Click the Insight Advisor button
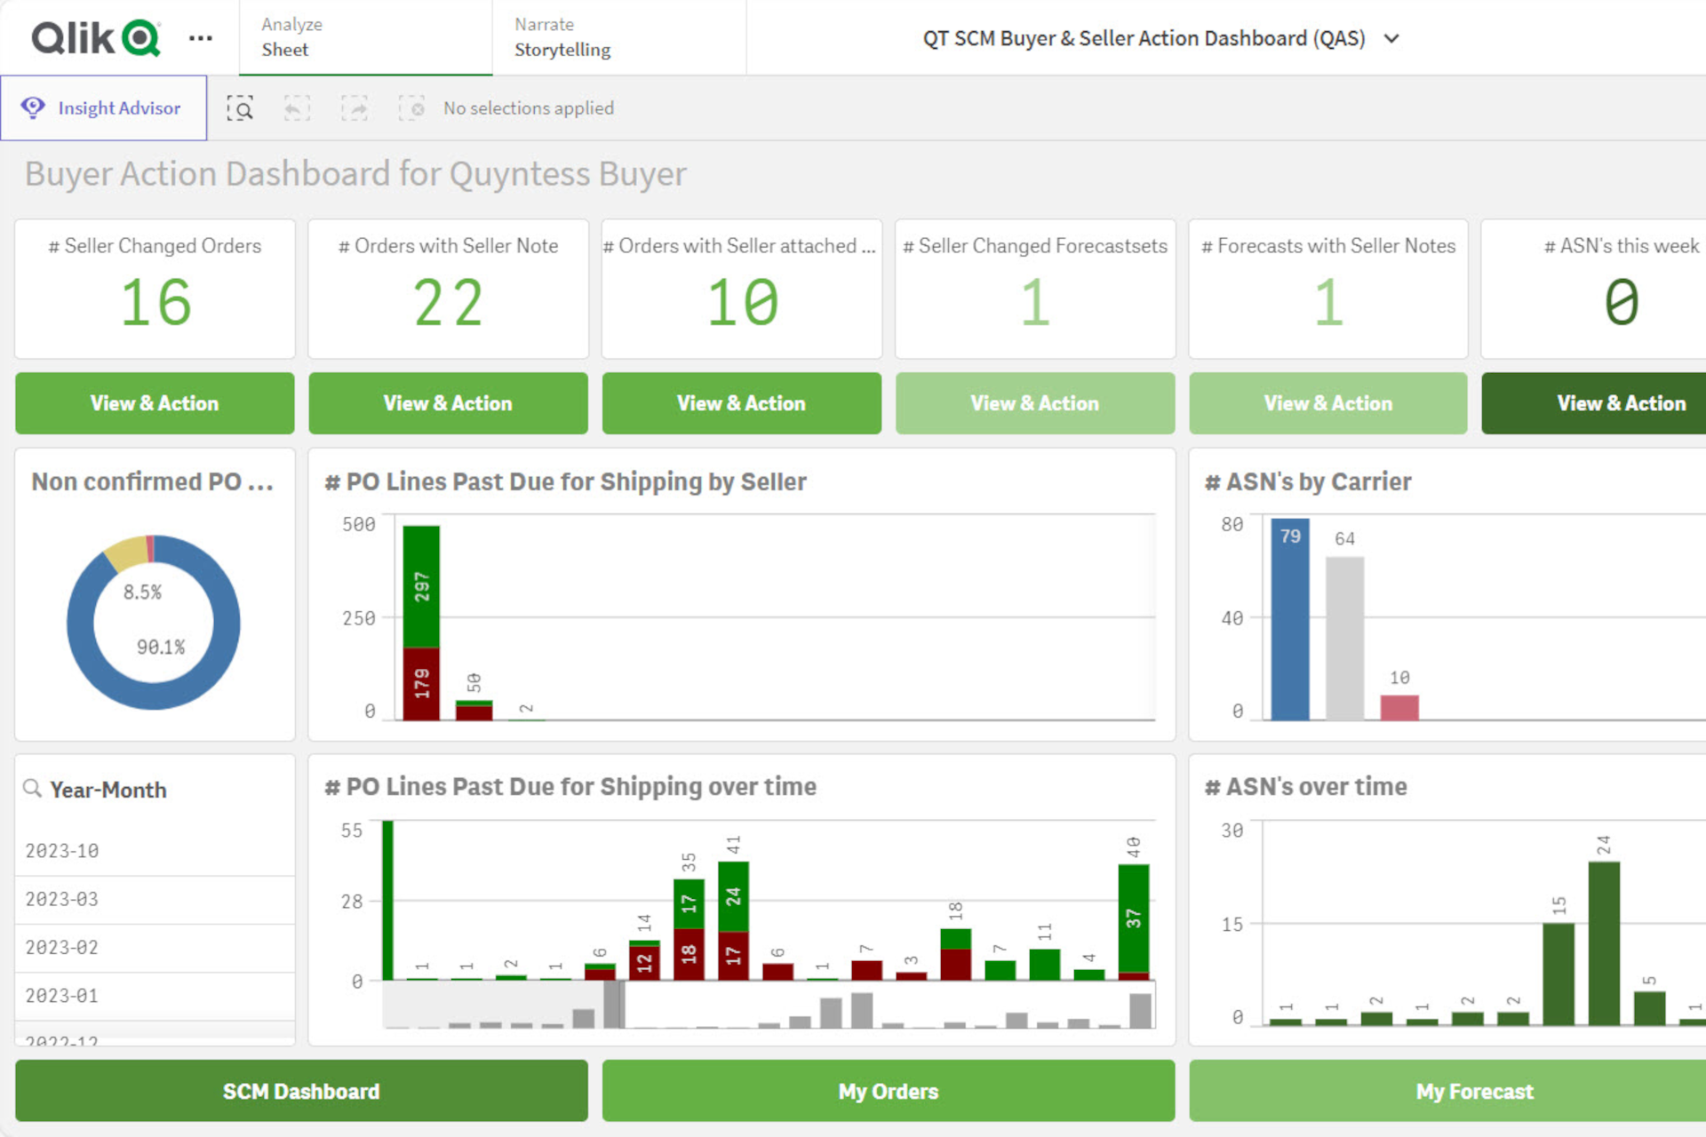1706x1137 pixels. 104,108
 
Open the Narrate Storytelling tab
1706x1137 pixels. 562,37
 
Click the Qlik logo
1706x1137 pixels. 96,38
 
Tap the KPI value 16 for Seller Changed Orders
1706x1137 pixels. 155,303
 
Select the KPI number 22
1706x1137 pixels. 448,303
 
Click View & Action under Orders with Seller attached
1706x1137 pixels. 741,403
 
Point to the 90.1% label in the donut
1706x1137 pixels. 161,648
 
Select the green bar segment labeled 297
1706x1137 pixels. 421,586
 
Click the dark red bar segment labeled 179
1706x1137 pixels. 421,683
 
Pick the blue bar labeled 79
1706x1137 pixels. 1289,622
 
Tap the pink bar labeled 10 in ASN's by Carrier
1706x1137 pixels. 1399,707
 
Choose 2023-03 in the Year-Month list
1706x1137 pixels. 62,899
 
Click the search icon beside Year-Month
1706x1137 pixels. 33,789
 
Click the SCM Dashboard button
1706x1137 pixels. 301,1091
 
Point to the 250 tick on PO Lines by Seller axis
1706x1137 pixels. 359,618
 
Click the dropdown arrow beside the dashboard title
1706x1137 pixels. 1391,38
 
